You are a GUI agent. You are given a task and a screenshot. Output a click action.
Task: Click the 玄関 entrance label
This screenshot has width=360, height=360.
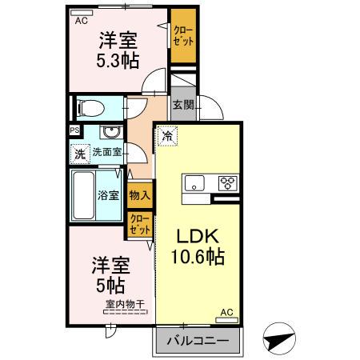[182, 105]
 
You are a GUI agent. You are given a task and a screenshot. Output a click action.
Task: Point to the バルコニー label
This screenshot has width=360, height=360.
[196, 342]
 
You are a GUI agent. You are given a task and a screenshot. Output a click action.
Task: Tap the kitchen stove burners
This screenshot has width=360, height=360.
[228, 182]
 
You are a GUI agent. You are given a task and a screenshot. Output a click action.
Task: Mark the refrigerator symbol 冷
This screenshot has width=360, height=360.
[167, 136]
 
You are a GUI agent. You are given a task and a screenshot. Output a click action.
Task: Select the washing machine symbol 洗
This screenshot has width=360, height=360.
[80, 153]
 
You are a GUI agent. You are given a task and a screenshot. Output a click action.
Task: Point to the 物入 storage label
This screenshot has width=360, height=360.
[139, 194]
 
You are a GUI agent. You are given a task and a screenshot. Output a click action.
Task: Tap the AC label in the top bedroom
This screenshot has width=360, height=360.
[81, 22]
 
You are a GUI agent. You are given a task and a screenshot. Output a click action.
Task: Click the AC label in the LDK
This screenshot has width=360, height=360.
[226, 312]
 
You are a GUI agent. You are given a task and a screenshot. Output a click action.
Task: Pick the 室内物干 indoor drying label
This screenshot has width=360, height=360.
[124, 303]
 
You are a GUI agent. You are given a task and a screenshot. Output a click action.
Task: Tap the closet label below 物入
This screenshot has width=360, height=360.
[139, 223]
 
